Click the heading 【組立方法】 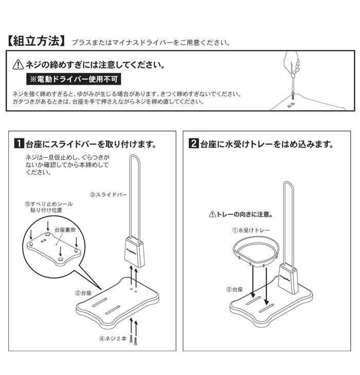[x=36, y=41]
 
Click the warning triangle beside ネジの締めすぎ [x=18, y=65]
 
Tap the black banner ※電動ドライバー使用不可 [x=74, y=79]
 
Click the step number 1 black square [x=19, y=143]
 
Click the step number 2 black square [x=194, y=143]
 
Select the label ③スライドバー [x=108, y=195]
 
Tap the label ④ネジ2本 [x=113, y=339]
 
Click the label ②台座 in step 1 [x=83, y=293]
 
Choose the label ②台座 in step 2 [x=235, y=289]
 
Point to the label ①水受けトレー [x=251, y=230]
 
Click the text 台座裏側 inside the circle [x=65, y=230]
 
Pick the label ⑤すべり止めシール [x=49, y=204]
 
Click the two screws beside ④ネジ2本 [x=133, y=339]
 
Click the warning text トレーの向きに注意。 [x=241, y=214]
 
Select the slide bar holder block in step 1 [x=135, y=252]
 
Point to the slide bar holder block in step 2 [x=289, y=279]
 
